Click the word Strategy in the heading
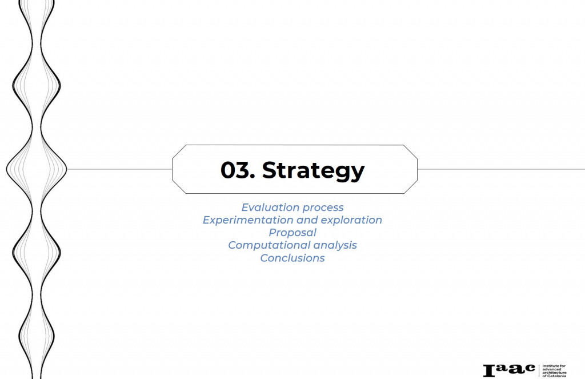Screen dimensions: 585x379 pyautogui.click(x=314, y=171)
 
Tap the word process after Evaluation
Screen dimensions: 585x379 pyautogui.click(x=323, y=208)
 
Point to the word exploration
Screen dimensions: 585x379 pyautogui.click(x=351, y=220)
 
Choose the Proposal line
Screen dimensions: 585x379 pyautogui.click(x=292, y=233)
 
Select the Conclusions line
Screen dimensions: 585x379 pyautogui.click(x=292, y=258)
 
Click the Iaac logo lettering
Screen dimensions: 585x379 pyautogui.click(x=509, y=370)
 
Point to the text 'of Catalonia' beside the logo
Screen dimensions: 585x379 pyautogui.click(x=554, y=376)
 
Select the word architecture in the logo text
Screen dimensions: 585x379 pyautogui.click(x=554, y=373)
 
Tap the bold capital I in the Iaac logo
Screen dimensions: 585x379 pyautogui.click(x=489, y=371)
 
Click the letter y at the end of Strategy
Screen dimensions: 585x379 pyautogui.click(x=358, y=173)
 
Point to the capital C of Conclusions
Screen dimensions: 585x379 pyautogui.click(x=264, y=258)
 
